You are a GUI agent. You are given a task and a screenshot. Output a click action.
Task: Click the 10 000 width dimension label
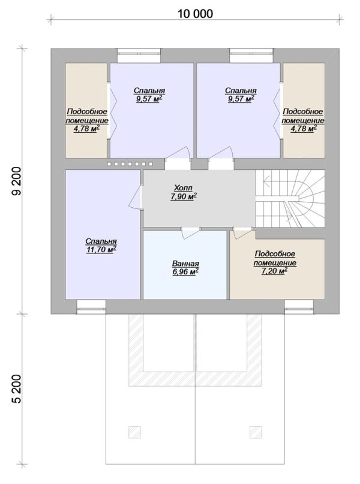tap(195, 14)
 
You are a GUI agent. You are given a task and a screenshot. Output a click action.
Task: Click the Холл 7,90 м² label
tap(184, 192)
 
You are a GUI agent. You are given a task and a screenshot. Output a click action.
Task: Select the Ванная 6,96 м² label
tap(185, 268)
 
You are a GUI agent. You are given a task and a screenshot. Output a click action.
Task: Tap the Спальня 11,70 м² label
tap(101, 246)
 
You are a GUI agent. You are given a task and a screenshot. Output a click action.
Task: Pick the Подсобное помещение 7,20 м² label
tap(275, 262)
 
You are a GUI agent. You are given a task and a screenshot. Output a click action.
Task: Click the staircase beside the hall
tap(290, 199)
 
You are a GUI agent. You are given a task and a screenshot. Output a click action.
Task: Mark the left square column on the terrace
tap(134, 432)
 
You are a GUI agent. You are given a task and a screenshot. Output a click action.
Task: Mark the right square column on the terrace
tap(256, 432)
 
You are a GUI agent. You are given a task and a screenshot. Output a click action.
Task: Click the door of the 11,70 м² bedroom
tap(136, 198)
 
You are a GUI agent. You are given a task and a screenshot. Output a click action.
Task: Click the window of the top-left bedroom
tap(139, 56)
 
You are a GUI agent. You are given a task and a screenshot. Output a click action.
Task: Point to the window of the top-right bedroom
tap(251, 56)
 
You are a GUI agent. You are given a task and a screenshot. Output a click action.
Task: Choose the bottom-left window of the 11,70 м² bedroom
tap(91, 307)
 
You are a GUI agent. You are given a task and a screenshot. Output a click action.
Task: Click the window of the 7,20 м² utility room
tap(299, 307)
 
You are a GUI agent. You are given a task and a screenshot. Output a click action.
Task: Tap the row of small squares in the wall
tap(130, 164)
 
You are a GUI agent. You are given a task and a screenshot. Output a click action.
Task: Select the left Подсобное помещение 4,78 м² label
tap(86, 120)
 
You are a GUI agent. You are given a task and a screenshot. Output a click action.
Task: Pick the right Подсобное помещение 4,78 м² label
tap(303, 120)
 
